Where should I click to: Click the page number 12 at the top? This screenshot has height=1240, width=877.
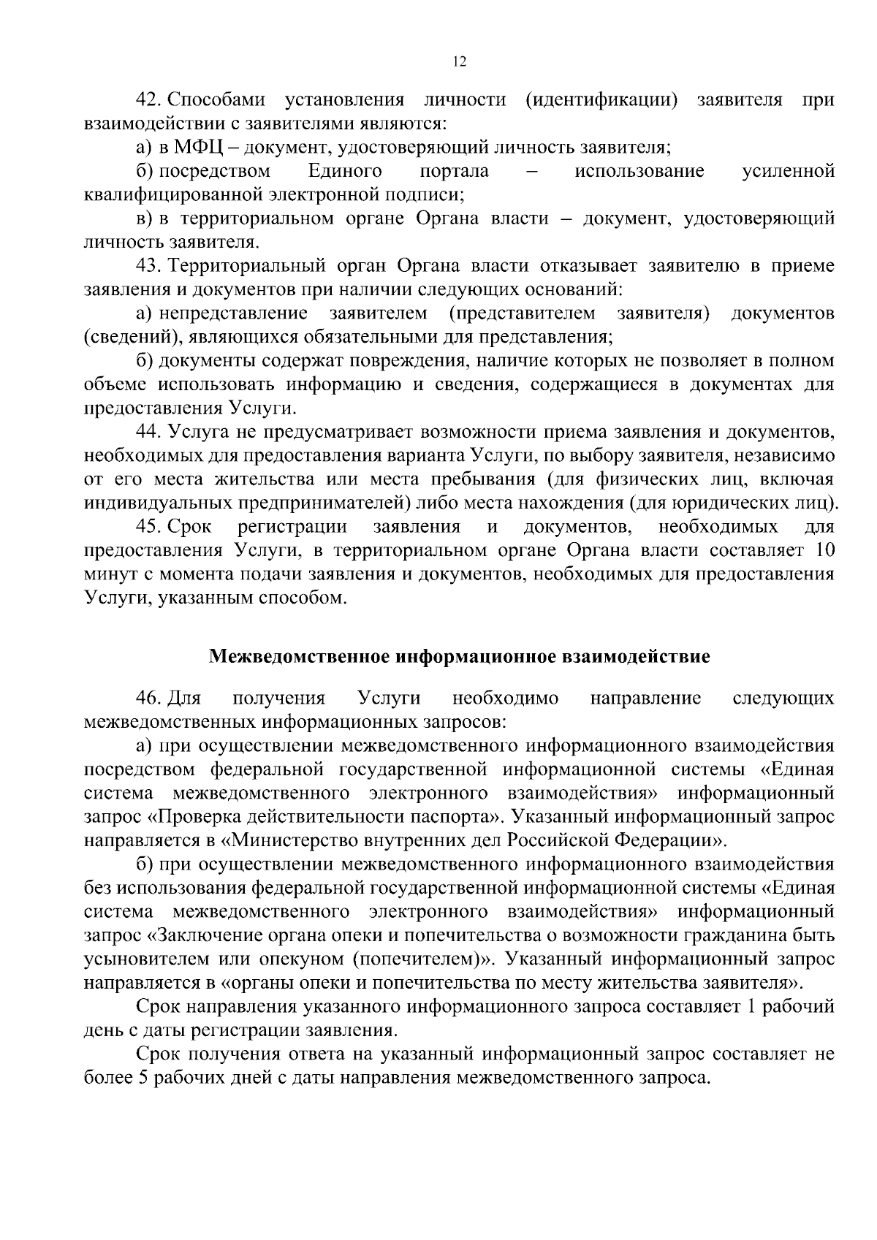point(460,62)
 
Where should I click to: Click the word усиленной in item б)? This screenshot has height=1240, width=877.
point(788,172)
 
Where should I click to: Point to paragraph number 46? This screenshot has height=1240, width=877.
point(148,699)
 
